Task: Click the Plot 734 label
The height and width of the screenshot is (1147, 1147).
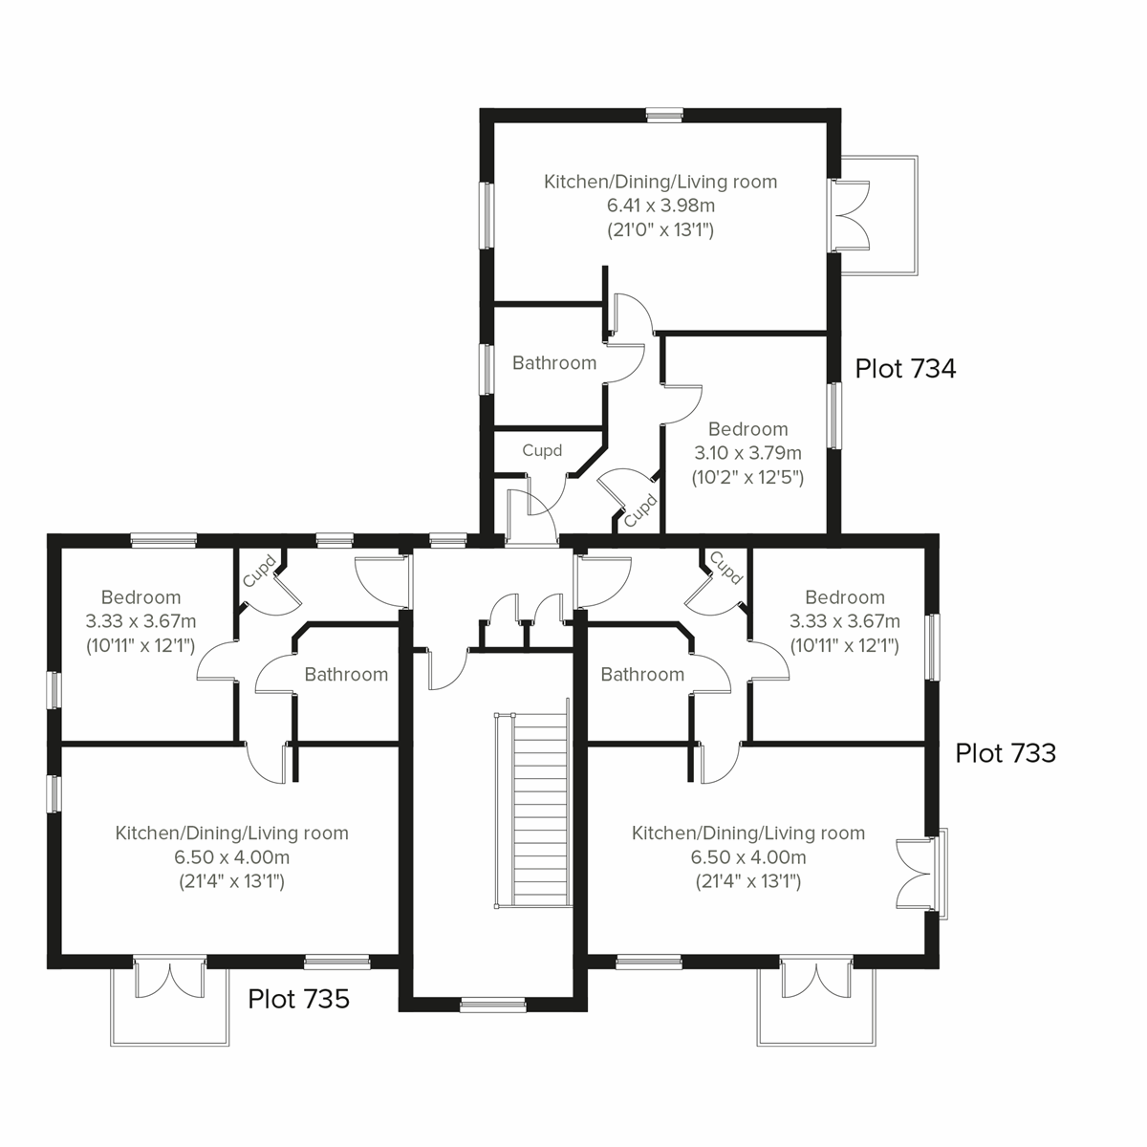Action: tap(904, 369)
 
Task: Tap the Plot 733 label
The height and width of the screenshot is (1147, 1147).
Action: tap(1006, 753)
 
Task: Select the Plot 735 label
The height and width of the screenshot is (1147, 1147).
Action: tap(298, 999)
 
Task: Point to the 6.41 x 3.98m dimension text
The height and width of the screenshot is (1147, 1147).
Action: tap(660, 206)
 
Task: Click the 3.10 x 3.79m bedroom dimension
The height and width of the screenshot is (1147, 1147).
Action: tap(747, 453)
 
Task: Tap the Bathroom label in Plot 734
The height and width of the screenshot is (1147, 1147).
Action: tap(553, 363)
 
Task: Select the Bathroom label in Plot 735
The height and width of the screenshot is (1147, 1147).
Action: tap(346, 675)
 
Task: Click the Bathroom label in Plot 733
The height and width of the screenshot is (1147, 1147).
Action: tap(642, 675)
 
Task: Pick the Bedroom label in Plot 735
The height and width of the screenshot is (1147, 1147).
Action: tap(141, 598)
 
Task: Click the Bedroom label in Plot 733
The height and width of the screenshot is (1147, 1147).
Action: tap(844, 598)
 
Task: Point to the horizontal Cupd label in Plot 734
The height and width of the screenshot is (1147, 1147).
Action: tap(542, 450)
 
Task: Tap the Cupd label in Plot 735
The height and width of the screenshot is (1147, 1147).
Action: tap(260, 571)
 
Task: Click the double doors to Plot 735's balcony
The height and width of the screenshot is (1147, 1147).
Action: tap(169, 978)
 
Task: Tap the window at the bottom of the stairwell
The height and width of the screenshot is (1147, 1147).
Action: tap(492, 1004)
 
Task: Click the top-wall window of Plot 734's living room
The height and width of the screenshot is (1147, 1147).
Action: tap(663, 115)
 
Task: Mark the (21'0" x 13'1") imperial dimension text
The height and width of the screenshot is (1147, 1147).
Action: tap(660, 230)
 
